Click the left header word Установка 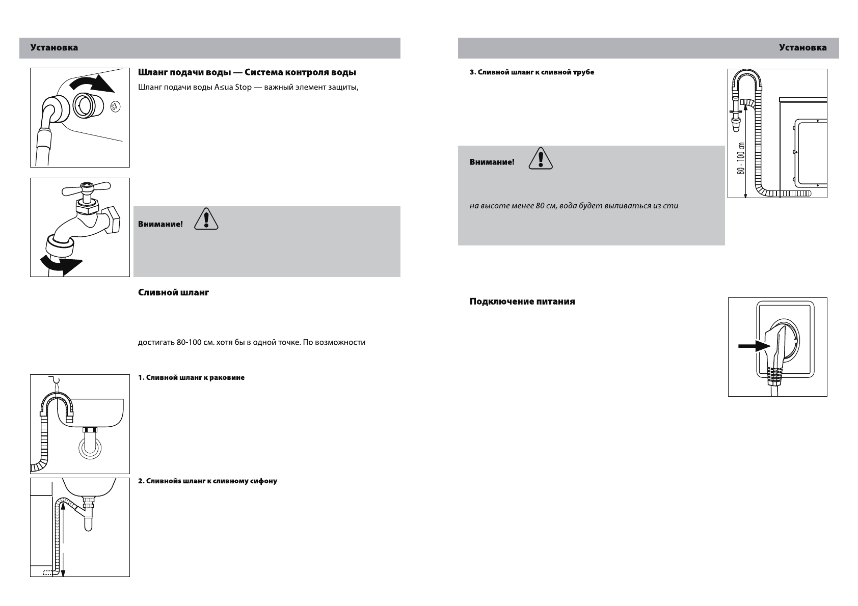point(54,48)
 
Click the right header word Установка point(802,48)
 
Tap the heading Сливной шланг point(173,293)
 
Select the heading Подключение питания point(522,301)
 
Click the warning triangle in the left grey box point(206,219)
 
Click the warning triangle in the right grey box point(541,158)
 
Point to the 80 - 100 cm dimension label point(741,158)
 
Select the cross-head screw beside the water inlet point(115,107)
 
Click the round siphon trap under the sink point(89,449)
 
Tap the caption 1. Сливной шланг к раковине point(191,378)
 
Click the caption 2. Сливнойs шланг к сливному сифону point(207,481)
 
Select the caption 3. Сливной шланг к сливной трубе point(531,72)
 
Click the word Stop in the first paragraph point(243,87)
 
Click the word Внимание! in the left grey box point(160,224)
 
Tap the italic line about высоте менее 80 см point(574,206)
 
